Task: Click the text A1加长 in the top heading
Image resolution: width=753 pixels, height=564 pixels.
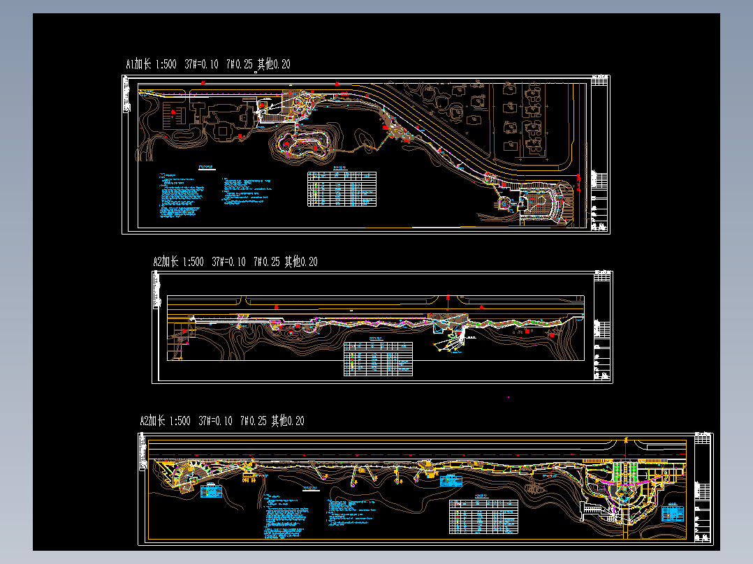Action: point(138,65)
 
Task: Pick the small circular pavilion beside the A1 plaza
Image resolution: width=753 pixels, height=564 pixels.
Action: point(504,203)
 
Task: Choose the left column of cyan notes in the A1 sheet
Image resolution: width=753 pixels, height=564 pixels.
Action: point(180,196)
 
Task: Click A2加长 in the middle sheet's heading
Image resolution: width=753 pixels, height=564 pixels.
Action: point(166,262)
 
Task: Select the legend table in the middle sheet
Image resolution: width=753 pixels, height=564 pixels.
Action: point(377,359)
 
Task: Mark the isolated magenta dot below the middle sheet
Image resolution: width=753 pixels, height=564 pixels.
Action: point(509,397)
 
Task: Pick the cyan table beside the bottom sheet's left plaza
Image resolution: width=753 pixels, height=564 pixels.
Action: point(210,491)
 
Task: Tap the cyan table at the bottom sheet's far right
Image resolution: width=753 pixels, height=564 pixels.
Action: point(672,513)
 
